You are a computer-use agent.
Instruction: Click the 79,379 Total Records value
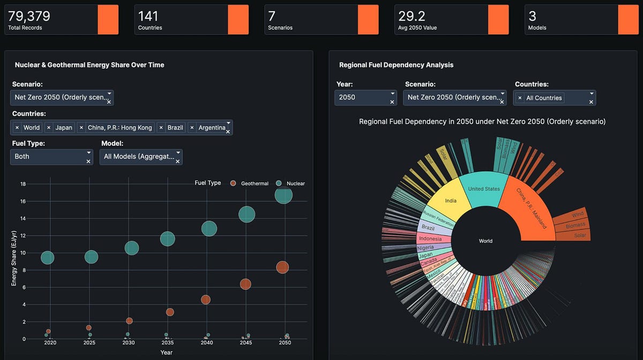(x=29, y=17)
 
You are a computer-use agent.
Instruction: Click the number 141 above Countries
(x=148, y=17)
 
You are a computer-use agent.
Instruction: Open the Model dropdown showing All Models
(x=140, y=156)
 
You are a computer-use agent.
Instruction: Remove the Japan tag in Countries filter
(x=49, y=127)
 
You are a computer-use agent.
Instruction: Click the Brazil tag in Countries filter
(x=175, y=127)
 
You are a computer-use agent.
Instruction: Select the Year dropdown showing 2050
(x=366, y=97)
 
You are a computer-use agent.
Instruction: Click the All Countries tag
(x=544, y=98)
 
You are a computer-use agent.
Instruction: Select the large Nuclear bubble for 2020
(x=47, y=258)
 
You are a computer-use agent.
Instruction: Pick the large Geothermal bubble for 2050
(x=282, y=267)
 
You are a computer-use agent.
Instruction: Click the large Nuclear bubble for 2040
(x=209, y=229)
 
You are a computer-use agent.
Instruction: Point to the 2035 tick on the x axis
(x=168, y=343)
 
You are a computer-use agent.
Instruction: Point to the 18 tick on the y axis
(x=23, y=184)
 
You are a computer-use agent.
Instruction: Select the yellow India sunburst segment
(x=451, y=201)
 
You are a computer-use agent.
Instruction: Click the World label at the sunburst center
(x=485, y=241)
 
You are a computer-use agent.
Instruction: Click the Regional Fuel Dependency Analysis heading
(x=396, y=65)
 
